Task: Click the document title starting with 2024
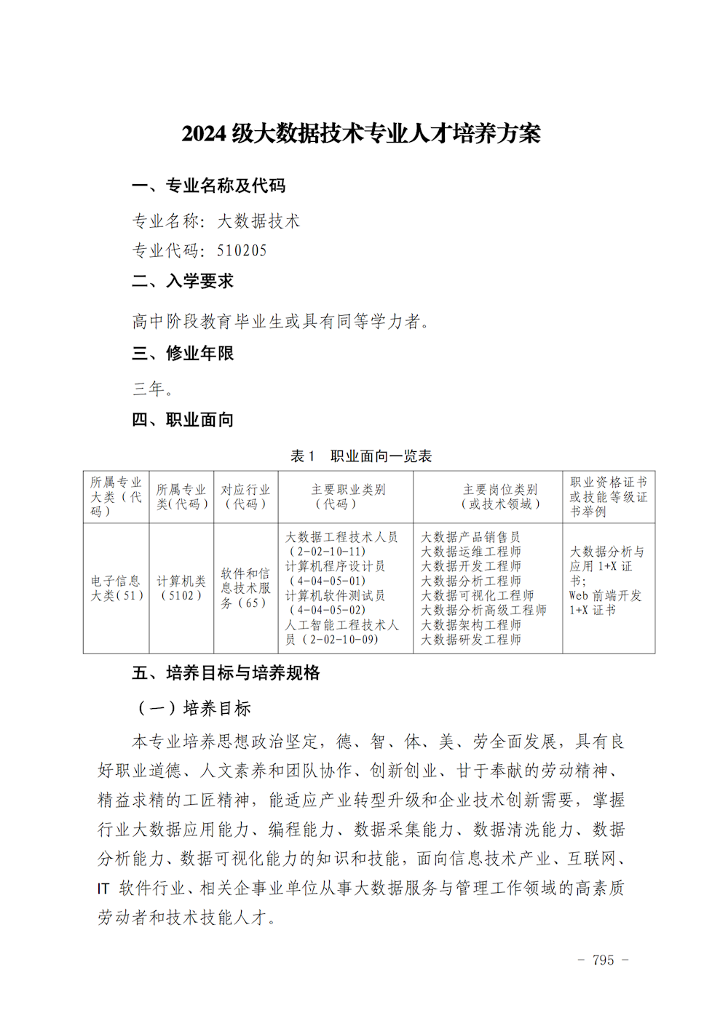tap(361, 133)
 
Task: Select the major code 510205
tap(242, 251)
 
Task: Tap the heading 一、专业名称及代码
tap(209, 186)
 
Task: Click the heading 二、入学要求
tap(183, 281)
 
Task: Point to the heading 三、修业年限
tap(183, 354)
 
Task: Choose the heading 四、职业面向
tap(183, 420)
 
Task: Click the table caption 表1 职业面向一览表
tap(361, 456)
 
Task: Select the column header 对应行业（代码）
tap(245, 496)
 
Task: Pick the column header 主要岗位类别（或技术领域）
tap(500, 496)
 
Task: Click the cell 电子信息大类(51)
tap(116, 588)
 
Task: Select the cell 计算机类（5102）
tap(181, 588)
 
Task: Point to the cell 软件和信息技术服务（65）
tap(245, 588)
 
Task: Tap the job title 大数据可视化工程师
tap(477, 595)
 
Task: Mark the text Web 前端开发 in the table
tap(605, 595)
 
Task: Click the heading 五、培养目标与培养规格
tap(226, 673)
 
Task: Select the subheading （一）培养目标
tap(194, 708)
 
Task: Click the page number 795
tap(603, 960)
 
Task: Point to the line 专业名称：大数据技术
tap(215, 221)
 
